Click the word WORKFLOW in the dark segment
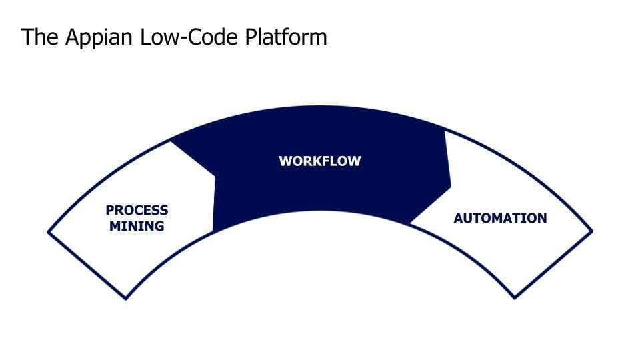[319, 161]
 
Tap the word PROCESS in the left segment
[137, 210]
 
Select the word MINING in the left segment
[137, 226]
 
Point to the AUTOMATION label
[500, 218]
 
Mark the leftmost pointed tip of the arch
[48, 232]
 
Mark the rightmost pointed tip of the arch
[592, 232]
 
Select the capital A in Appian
[72, 37]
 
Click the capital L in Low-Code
[145, 37]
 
